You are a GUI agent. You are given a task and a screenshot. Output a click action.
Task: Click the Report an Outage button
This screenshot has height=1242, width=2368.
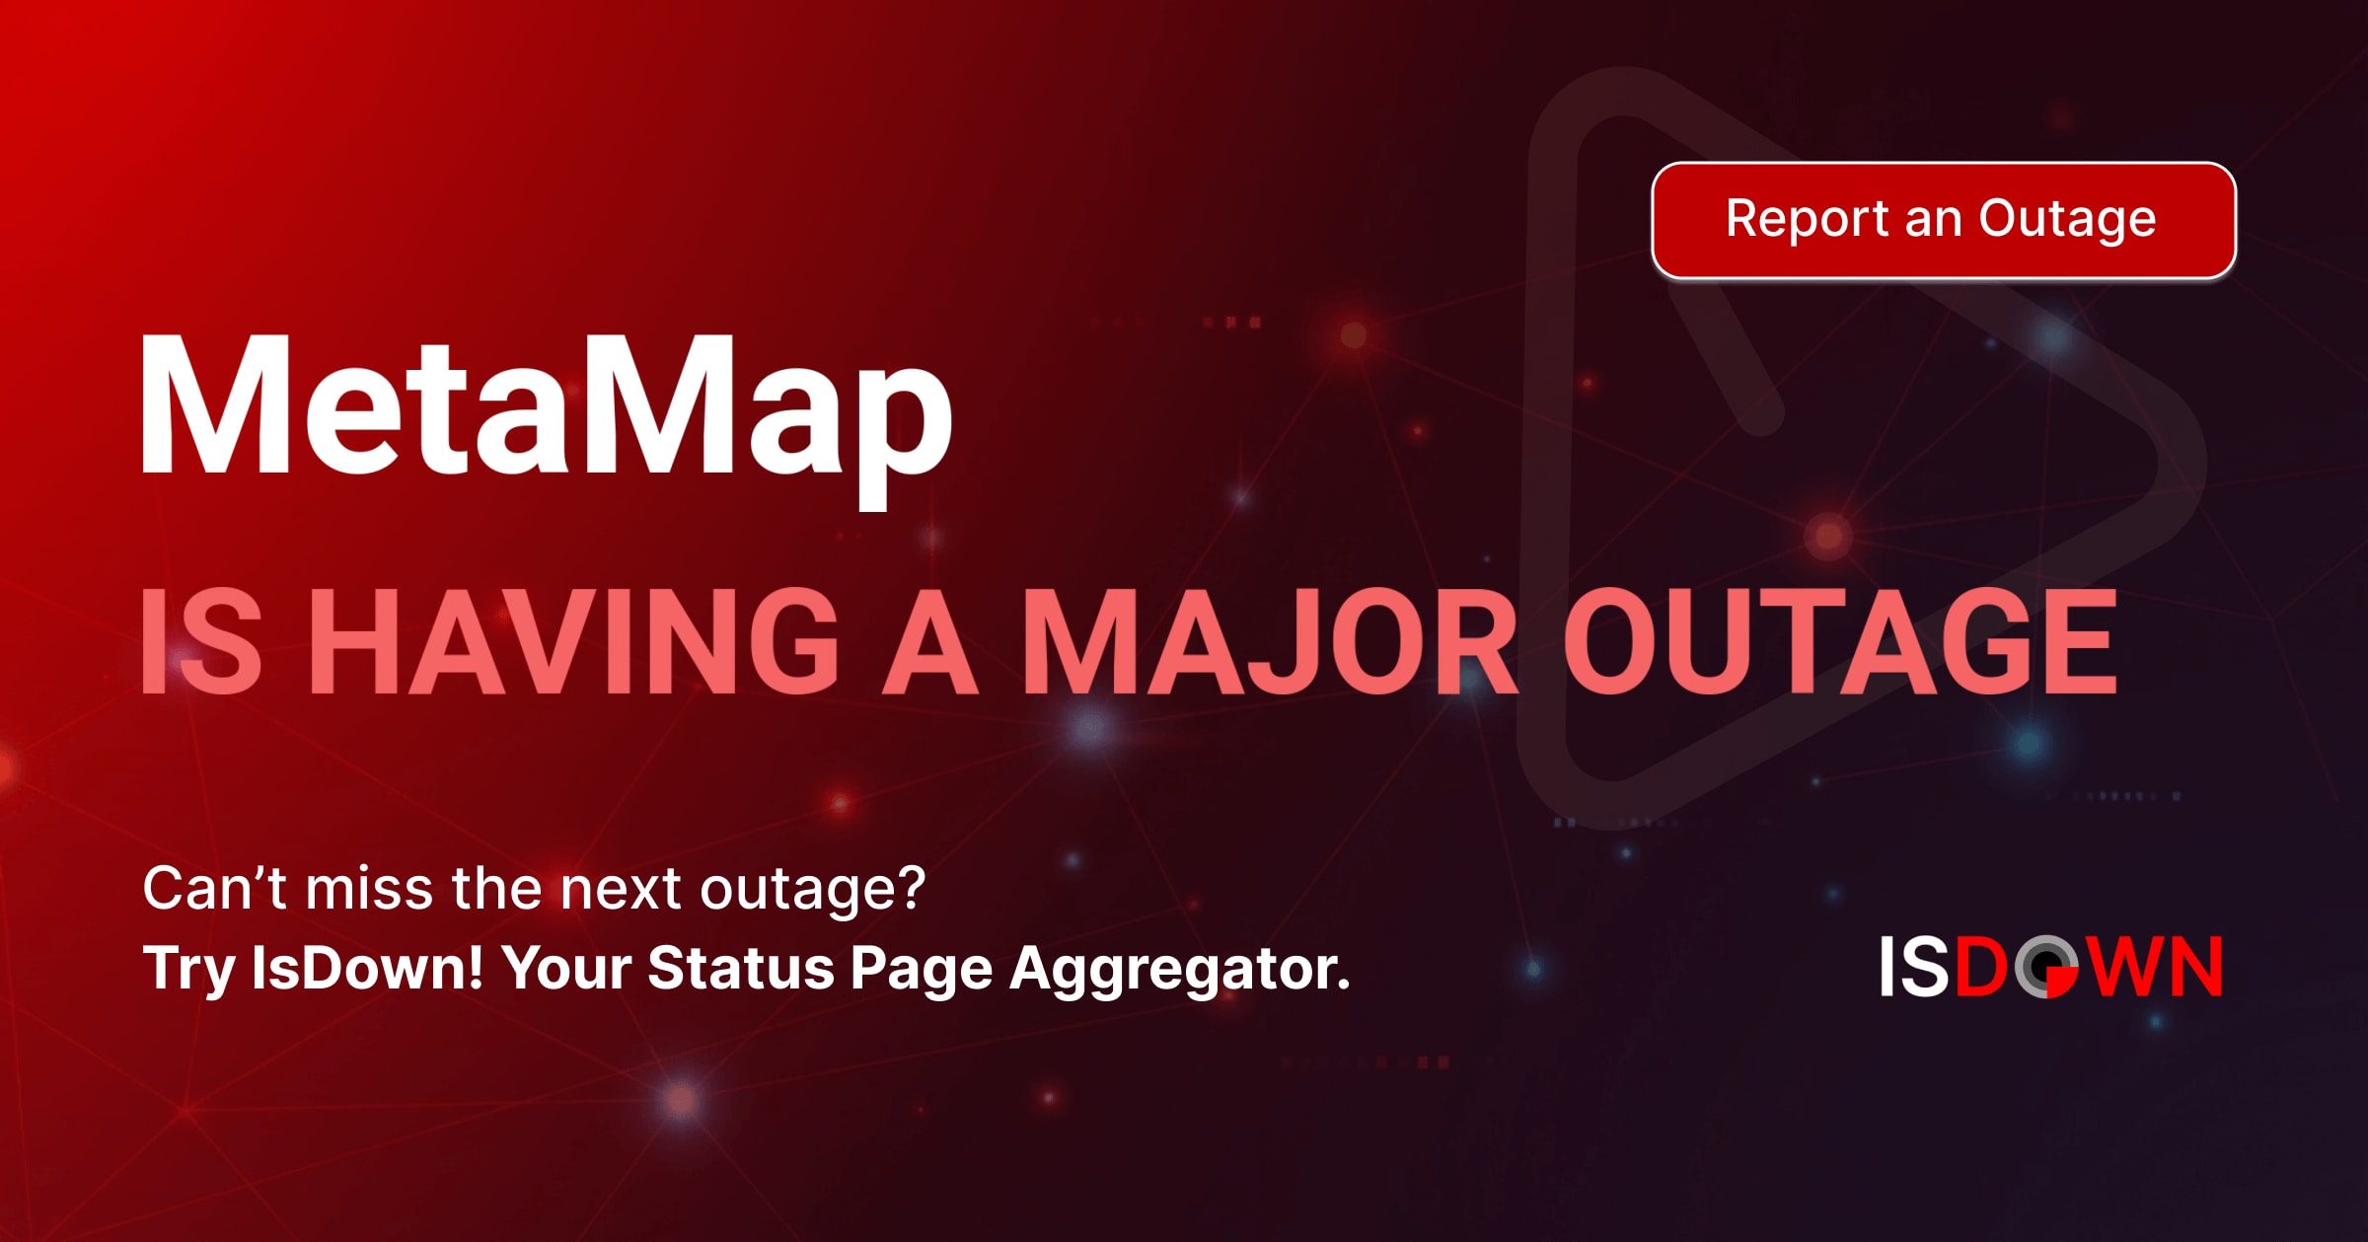(1943, 220)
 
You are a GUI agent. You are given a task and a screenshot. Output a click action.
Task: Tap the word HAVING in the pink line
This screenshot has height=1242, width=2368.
(581, 642)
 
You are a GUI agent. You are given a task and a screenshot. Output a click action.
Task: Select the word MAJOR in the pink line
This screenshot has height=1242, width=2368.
(1269, 642)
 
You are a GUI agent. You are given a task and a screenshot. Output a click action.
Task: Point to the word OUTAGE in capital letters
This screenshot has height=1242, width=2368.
(1839, 642)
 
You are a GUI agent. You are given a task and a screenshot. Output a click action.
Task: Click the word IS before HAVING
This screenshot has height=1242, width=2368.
(201, 642)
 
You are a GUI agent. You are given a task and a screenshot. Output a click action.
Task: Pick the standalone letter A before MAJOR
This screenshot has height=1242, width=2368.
(928, 642)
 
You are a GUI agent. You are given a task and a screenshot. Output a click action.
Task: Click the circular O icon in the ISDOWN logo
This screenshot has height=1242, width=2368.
(2046, 967)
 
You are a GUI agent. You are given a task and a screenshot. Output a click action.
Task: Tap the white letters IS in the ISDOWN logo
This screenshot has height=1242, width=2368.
(1914, 967)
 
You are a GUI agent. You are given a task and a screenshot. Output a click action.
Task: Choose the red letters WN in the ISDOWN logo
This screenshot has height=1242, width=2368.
(2156, 967)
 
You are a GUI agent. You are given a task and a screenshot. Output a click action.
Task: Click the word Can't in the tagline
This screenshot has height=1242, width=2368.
(215, 888)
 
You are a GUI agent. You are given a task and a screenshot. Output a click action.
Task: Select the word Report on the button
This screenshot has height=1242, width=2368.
(1807, 219)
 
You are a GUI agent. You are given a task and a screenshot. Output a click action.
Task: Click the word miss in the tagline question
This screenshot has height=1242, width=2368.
(369, 888)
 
